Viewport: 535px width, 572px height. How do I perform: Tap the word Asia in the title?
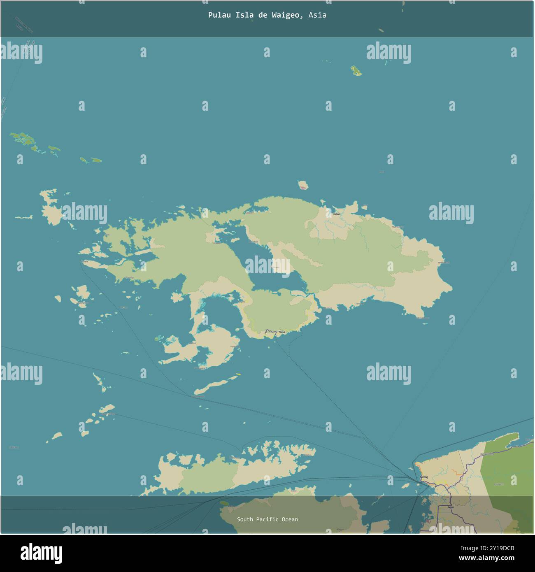coord(317,15)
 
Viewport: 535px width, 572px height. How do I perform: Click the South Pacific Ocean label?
coord(267,519)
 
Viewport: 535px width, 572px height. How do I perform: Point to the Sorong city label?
coord(424,477)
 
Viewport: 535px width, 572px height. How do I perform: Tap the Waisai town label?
coord(281,332)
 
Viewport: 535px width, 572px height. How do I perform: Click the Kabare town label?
coord(337,214)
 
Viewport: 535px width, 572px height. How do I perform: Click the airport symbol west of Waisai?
coord(267,332)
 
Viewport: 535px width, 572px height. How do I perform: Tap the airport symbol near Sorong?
coord(435,486)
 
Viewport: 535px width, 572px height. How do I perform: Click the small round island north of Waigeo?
coord(303,185)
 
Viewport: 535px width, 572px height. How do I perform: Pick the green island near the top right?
coord(356,71)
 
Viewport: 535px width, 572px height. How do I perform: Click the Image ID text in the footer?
coord(493,548)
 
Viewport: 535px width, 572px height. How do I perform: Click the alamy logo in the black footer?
coord(41,553)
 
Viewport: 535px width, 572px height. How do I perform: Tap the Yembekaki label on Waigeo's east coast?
coord(443,262)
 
